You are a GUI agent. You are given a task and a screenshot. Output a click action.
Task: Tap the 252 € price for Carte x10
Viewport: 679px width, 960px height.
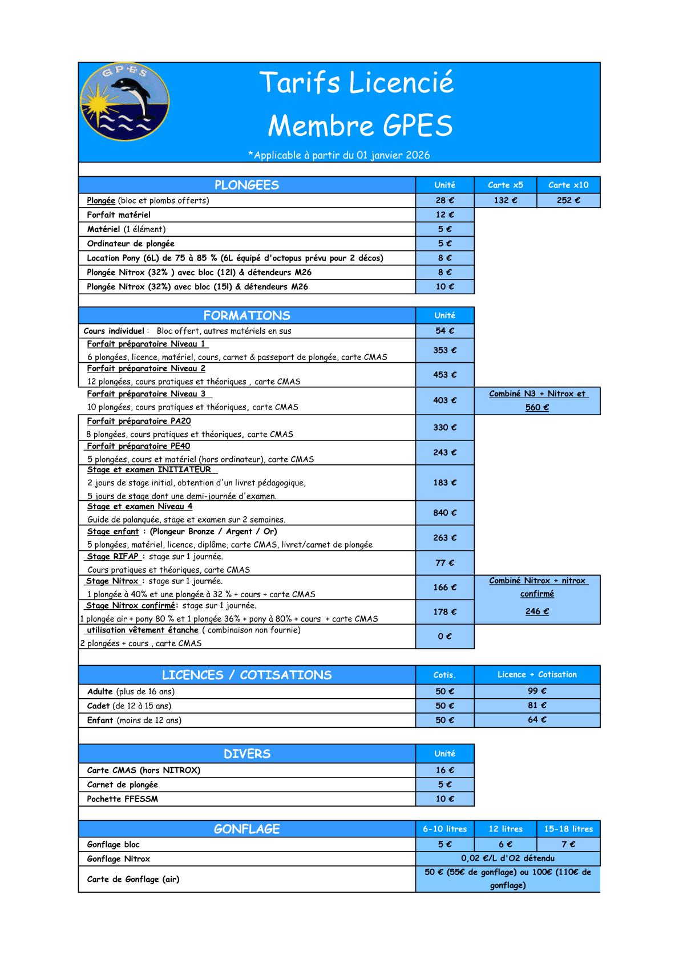tap(568, 200)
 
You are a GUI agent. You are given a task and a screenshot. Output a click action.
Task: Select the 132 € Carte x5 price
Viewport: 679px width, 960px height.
tap(505, 200)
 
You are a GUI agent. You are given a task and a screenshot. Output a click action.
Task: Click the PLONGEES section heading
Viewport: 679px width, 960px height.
tap(246, 185)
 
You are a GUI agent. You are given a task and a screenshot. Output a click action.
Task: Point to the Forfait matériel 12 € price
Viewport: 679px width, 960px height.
tap(444, 215)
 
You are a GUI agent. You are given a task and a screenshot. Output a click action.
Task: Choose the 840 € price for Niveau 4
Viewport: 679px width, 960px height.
tap(444, 513)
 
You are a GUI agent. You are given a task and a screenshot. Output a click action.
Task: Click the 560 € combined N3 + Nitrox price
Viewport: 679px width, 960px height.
tap(537, 407)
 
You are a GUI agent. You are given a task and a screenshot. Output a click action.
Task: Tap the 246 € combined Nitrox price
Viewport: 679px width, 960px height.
tap(537, 611)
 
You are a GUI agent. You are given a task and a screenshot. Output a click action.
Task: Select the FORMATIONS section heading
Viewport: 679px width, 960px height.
tap(246, 315)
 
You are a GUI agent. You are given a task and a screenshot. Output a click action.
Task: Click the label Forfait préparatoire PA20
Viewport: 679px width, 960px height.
tap(139, 421)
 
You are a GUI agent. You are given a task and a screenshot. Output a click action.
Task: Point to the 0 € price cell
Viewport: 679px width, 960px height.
tap(444, 636)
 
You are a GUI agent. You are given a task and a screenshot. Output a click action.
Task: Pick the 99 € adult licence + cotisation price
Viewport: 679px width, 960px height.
tap(537, 691)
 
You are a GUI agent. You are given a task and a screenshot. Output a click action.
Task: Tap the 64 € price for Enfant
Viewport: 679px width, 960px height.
tap(537, 720)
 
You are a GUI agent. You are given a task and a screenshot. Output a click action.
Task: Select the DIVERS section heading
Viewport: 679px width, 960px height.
tap(246, 754)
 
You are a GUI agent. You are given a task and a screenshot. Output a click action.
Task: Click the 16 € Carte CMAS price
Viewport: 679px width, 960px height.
tap(444, 770)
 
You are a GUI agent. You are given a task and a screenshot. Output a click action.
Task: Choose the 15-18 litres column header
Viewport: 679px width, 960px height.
tap(568, 829)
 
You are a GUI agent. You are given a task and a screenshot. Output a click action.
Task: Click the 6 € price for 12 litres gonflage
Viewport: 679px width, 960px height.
tap(505, 844)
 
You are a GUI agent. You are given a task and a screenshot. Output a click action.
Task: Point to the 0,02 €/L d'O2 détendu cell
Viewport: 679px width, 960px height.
tap(507, 858)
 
